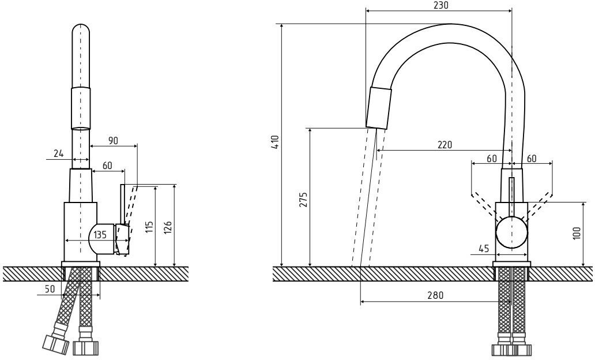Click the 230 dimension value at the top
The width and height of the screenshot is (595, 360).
(x=440, y=5)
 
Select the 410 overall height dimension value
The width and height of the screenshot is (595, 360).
(x=276, y=142)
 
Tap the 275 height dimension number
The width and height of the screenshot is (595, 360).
(x=304, y=200)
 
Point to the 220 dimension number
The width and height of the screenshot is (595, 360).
(x=444, y=145)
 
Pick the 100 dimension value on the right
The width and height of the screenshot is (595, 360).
(x=577, y=234)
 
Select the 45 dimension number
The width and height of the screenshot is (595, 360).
(x=484, y=249)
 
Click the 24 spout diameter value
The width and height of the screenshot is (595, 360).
(x=58, y=153)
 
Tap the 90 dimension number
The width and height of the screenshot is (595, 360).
(x=112, y=140)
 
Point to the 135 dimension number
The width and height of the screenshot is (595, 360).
(x=100, y=235)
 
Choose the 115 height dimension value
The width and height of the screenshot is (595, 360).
(x=149, y=226)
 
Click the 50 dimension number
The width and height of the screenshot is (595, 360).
(x=50, y=288)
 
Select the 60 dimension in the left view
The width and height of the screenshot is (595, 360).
(x=107, y=166)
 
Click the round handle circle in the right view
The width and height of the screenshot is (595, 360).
(x=512, y=233)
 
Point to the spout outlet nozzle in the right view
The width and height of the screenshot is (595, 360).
(x=379, y=108)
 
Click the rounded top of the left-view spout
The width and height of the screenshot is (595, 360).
(x=81, y=32)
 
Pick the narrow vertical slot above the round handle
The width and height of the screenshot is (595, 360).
(x=511, y=197)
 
